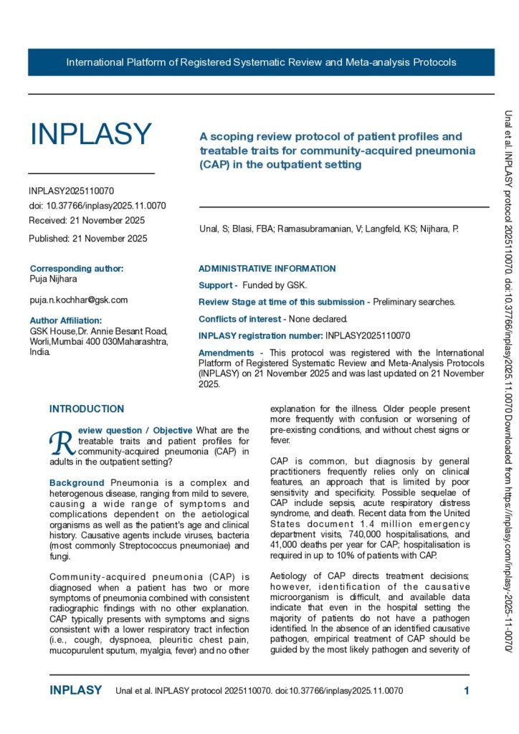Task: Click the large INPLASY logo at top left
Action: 90,134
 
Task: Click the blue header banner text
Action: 261,62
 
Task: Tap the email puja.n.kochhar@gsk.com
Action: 79,300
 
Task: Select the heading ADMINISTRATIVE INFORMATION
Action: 267,269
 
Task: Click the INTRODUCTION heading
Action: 86,409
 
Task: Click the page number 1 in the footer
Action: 467,691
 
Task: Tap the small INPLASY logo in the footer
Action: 76,691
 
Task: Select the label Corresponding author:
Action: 77,269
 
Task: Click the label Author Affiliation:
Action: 66,320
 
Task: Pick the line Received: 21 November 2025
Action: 87,220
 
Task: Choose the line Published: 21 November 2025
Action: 88,238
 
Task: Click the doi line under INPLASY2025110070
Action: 97,206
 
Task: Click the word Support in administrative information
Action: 216,286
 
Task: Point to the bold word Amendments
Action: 226,353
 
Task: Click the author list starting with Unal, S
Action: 329,229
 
